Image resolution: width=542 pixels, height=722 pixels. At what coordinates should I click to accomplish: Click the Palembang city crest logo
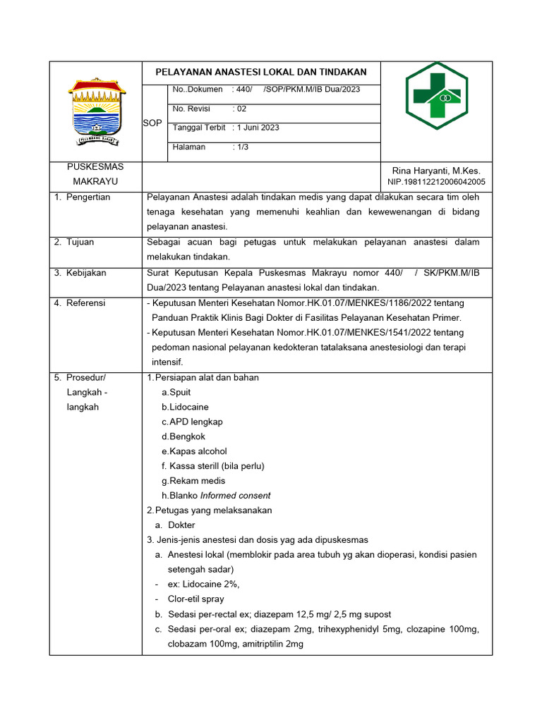coord(97,110)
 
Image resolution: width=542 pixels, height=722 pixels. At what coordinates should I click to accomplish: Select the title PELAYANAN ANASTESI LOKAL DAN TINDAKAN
coord(261,73)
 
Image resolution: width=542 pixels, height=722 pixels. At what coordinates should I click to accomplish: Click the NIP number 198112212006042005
coord(437,182)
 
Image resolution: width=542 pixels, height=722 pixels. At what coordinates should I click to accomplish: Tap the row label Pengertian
coord(88,197)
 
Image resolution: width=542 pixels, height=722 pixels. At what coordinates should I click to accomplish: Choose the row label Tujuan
coord(80,242)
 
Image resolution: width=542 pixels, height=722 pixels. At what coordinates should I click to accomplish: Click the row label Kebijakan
coord(85,272)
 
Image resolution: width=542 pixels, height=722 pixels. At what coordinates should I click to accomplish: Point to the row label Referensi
coord(85,302)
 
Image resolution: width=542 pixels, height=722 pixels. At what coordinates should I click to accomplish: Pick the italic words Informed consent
coord(235,496)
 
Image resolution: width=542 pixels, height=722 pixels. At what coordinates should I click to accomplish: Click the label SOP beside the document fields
coord(152,123)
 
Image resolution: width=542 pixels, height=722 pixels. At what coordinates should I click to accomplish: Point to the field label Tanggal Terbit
coord(199,128)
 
